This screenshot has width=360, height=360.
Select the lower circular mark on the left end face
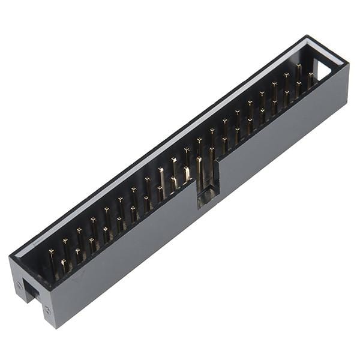pyautogui.click(x=47, y=310)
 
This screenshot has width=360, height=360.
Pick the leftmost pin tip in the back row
pyautogui.click(x=51, y=251)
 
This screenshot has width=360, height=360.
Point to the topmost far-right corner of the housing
pyautogui.click(x=310, y=37)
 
